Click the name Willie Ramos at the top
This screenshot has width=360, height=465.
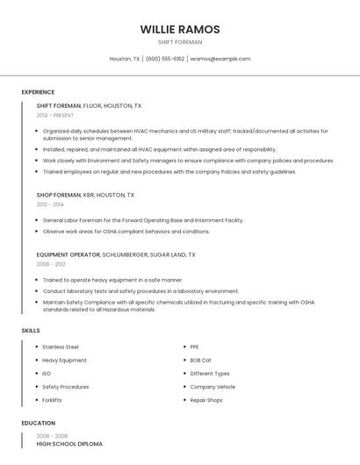[179, 29]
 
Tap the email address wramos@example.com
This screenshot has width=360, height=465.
[220, 59]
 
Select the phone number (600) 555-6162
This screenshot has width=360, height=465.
[165, 59]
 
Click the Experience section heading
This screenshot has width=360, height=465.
[38, 92]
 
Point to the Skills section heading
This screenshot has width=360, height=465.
[31, 331]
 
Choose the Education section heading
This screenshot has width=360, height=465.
[38, 423]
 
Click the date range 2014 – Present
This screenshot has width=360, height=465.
[55, 115]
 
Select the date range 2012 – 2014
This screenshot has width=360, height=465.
[50, 204]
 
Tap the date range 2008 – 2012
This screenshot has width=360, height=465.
[51, 263]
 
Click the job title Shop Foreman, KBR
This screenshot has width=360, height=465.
[85, 195]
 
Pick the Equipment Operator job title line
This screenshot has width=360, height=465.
[115, 254]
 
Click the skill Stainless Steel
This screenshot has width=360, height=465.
[61, 347]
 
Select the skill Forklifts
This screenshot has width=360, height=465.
[52, 399]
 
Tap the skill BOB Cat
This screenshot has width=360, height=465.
[201, 360]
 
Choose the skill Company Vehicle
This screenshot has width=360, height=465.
[212, 386]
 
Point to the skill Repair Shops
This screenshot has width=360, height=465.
[207, 399]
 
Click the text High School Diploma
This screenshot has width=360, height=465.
[69, 444]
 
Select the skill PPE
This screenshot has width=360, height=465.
[195, 347]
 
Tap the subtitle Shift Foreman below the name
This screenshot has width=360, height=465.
[179, 42]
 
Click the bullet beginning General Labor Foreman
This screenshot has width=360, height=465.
[143, 220]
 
